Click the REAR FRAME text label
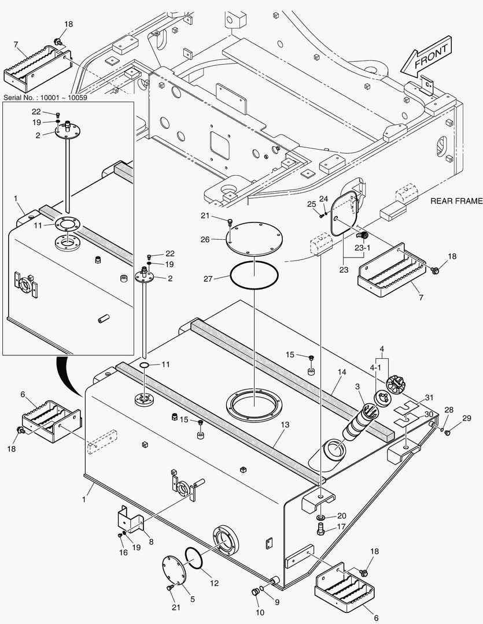(456, 202)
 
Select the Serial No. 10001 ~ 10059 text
(45, 98)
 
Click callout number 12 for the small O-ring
(215, 583)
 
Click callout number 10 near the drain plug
(260, 612)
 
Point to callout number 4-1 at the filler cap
(375, 367)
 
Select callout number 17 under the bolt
(342, 526)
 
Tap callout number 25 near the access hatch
(311, 204)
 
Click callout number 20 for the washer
(342, 515)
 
